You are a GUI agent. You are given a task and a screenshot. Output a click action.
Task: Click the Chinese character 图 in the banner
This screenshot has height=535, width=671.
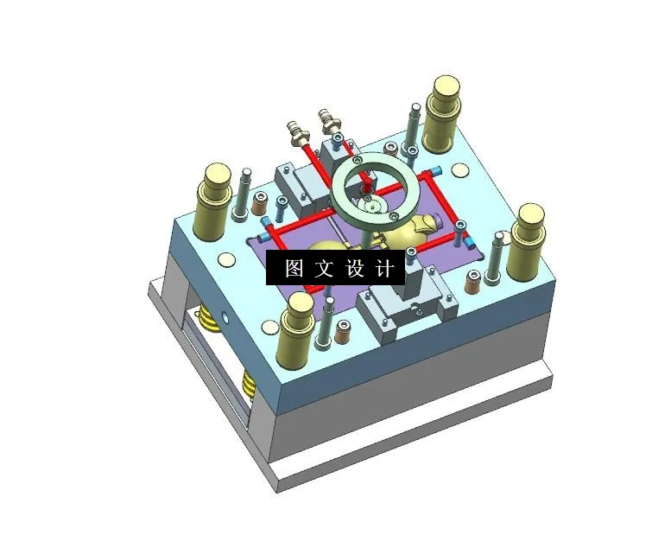click(x=293, y=268)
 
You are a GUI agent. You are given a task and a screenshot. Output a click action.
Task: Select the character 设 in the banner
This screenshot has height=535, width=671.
click(x=355, y=268)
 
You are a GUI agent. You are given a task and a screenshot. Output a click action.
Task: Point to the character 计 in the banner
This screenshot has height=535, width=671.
click(x=385, y=268)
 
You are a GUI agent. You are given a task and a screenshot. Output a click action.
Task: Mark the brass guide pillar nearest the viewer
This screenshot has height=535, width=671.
click(x=299, y=329)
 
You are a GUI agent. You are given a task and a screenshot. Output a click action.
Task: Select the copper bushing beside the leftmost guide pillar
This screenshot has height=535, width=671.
click(x=259, y=207)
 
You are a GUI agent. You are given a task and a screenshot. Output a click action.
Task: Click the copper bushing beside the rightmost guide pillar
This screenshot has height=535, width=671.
click(x=472, y=282)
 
